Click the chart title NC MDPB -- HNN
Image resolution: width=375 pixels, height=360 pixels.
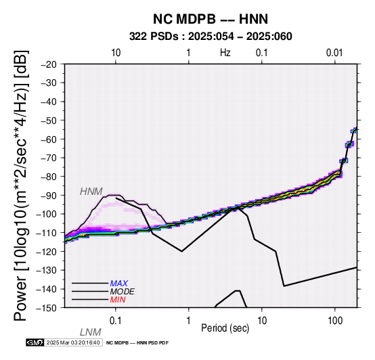[211, 19]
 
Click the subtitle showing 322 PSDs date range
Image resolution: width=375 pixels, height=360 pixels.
[211, 37]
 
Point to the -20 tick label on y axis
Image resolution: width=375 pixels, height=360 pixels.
[49, 64]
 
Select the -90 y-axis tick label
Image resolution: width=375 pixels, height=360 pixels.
[49, 196]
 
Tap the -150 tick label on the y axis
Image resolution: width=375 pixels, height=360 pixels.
[47, 308]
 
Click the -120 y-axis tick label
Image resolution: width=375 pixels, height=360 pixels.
[47, 252]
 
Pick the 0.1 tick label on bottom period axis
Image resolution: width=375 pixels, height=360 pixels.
[116, 321]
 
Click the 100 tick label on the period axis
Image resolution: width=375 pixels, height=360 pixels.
[335, 321]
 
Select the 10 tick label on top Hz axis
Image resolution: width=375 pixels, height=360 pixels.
[116, 53]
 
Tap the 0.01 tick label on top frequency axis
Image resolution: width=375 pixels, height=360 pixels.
[334, 53]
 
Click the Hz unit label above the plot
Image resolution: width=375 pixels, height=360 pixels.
[225, 53]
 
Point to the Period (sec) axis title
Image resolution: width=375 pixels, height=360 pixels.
[225, 328]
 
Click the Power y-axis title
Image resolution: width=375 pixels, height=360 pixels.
[21, 185]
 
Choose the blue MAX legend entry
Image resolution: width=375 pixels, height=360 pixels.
[119, 284]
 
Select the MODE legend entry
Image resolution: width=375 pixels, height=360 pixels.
[123, 292]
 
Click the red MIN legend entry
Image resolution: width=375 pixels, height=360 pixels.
[118, 300]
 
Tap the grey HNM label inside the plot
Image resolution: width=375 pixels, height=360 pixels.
[91, 192]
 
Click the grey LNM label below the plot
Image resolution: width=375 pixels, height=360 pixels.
[91, 332]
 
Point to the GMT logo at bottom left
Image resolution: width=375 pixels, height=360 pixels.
[35, 342]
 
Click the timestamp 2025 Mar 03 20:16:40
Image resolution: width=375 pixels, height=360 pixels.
[73, 342]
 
